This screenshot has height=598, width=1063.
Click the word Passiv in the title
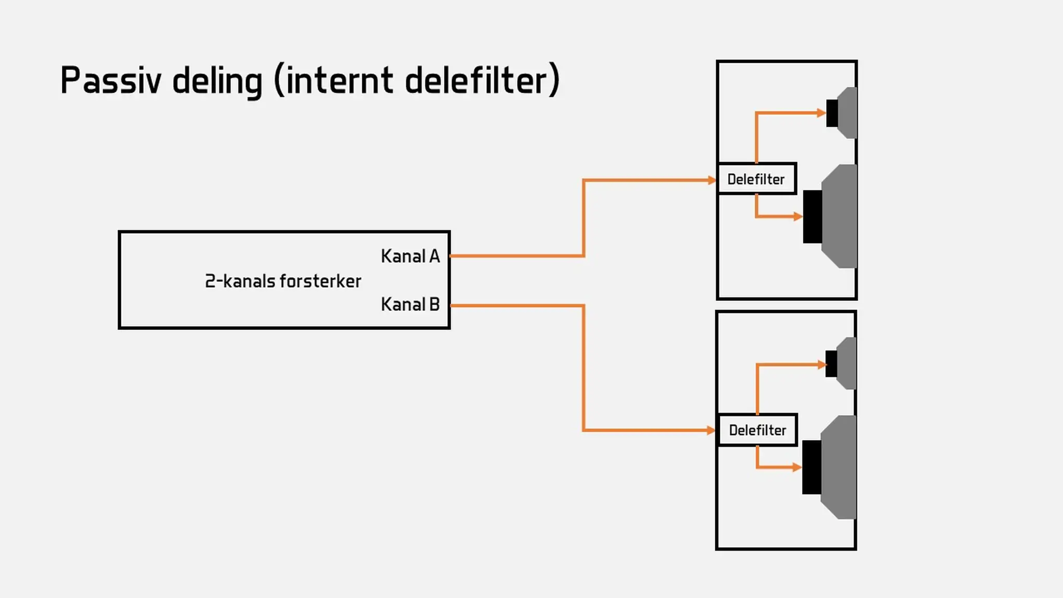(x=111, y=80)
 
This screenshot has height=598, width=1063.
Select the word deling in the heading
(x=217, y=81)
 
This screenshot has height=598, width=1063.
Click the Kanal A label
(x=410, y=256)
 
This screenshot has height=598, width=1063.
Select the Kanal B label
(x=410, y=304)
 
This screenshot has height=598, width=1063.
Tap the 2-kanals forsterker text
(x=283, y=281)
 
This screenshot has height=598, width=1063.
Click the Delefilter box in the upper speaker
(x=757, y=179)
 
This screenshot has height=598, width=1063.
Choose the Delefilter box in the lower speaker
(x=758, y=430)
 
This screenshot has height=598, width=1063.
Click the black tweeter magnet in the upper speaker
(x=832, y=113)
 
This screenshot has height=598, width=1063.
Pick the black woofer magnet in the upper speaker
(x=813, y=216)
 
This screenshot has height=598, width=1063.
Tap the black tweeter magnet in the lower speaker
(x=832, y=364)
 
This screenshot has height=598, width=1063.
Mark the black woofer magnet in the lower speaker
(x=812, y=467)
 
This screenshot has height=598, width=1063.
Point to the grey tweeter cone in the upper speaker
(x=848, y=113)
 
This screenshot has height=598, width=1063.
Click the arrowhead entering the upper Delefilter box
(x=712, y=180)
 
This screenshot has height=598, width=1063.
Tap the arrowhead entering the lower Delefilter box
(x=712, y=430)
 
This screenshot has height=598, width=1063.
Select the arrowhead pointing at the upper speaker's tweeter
(x=822, y=113)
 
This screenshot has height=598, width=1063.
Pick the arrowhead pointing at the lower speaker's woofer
(x=797, y=467)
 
